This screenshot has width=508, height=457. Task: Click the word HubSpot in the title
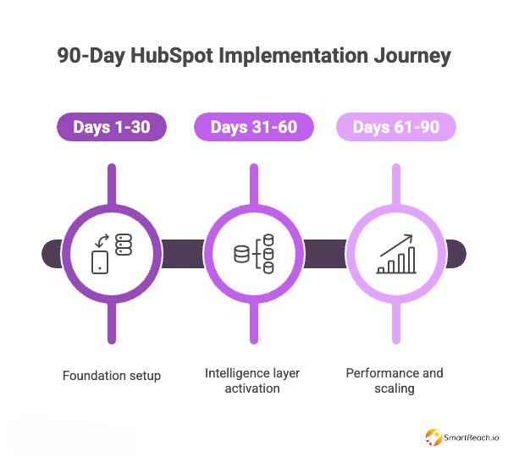tap(172, 56)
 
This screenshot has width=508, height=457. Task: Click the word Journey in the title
tap(412, 57)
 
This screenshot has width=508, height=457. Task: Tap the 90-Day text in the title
tap(91, 57)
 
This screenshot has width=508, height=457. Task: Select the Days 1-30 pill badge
tap(112, 127)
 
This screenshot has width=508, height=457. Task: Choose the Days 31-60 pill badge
tap(254, 127)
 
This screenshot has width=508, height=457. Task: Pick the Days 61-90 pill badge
tap(396, 127)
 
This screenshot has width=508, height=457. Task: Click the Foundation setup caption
tap(112, 376)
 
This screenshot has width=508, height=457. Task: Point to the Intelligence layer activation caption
tap(252, 381)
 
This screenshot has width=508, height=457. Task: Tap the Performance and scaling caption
tap(395, 381)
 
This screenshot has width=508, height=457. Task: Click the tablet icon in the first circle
tap(100, 262)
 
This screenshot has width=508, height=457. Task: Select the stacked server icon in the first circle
tap(124, 245)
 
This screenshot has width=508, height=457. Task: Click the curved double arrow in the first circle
tap(102, 240)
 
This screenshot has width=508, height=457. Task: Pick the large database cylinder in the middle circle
tap(241, 254)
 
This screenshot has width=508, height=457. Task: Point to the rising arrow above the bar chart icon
tap(396, 245)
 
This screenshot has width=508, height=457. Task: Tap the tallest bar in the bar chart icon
tap(411, 260)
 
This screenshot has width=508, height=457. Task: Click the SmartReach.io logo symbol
tap(433, 438)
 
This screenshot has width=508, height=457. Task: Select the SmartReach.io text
tap(472, 438)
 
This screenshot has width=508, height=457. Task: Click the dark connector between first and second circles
tap(183, 254)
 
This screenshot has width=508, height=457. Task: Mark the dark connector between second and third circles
tap(325, 254)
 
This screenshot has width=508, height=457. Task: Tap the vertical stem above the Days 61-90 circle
tap(396, 184)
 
